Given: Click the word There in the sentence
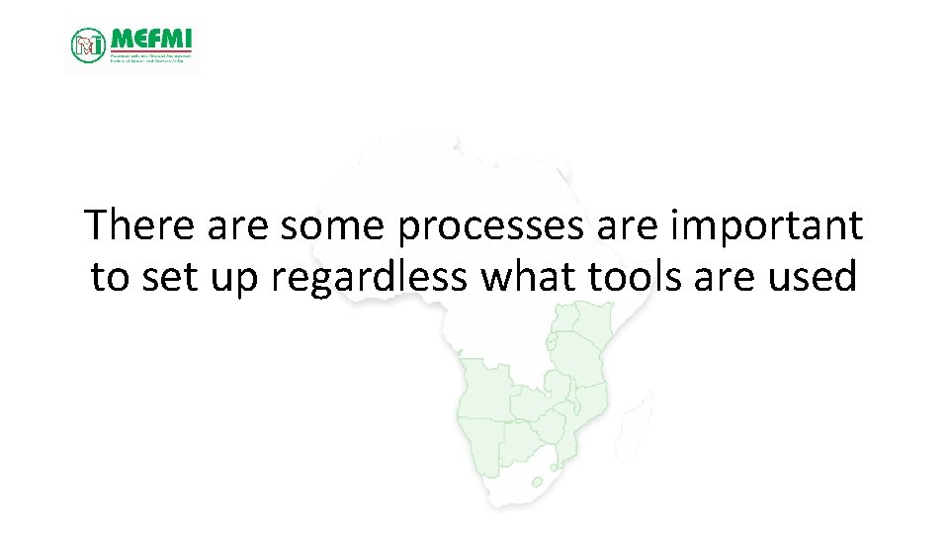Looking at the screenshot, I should tap(140, 226).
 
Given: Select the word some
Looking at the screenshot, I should tap(334, 226).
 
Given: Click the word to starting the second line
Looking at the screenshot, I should tap(110, 278).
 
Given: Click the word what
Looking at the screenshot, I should tap(528, 277).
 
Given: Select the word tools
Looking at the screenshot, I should tap(635, 277).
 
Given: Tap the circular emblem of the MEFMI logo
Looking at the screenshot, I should tap(88, 44).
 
